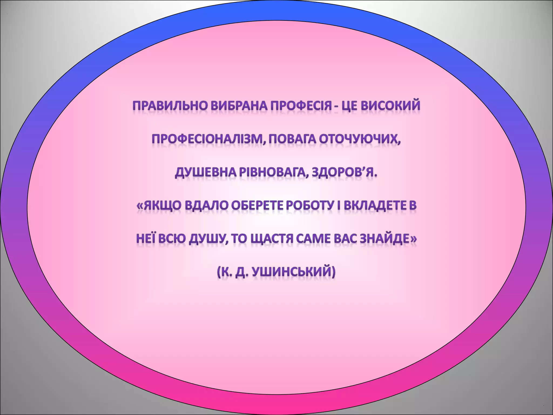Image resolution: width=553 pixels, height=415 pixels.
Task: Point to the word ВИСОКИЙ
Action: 390,106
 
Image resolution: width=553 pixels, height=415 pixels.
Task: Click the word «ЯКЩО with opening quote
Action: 159,206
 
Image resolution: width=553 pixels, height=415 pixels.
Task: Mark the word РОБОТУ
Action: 309,206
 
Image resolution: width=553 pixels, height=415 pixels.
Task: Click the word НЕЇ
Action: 146,239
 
